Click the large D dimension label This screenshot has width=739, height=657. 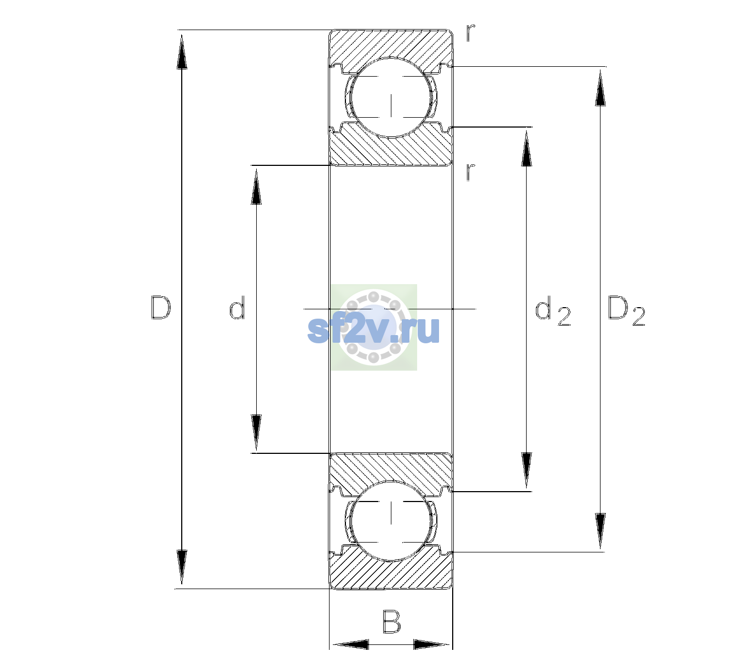[160, 308]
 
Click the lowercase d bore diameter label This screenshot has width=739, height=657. [237, 308]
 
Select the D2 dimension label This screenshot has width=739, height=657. [626, 310]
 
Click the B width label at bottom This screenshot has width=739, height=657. [391, 621]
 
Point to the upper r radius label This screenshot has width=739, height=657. [471, 32]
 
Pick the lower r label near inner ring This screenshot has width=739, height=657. [471, 172]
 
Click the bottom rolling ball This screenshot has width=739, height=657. [391, 521]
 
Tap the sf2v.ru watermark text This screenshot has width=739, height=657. [373, 330]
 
